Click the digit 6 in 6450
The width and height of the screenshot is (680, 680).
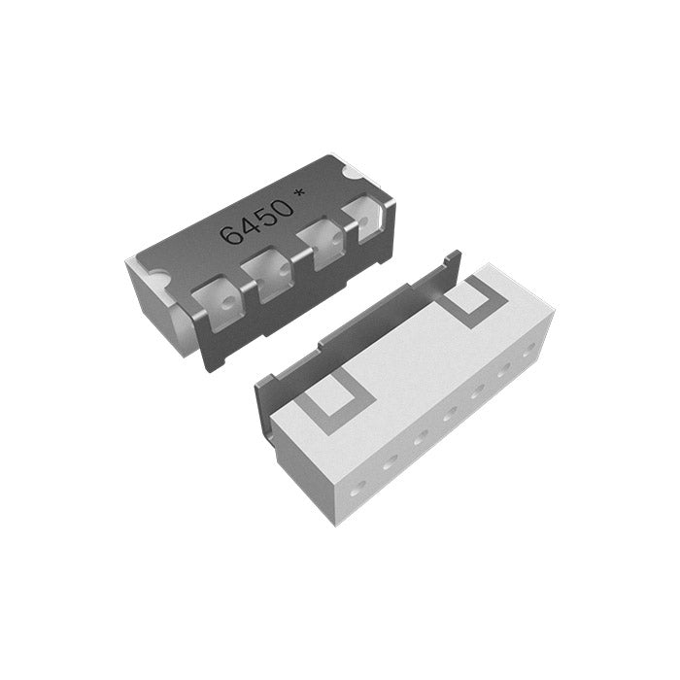tap(230, 235)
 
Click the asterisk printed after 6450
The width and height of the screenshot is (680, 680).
tap(299, 194)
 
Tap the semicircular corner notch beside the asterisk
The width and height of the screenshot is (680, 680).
tap(352, 173)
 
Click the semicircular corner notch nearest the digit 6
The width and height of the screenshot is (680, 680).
tap(157, 277)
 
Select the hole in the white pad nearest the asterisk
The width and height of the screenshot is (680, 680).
tap(363, 222)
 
